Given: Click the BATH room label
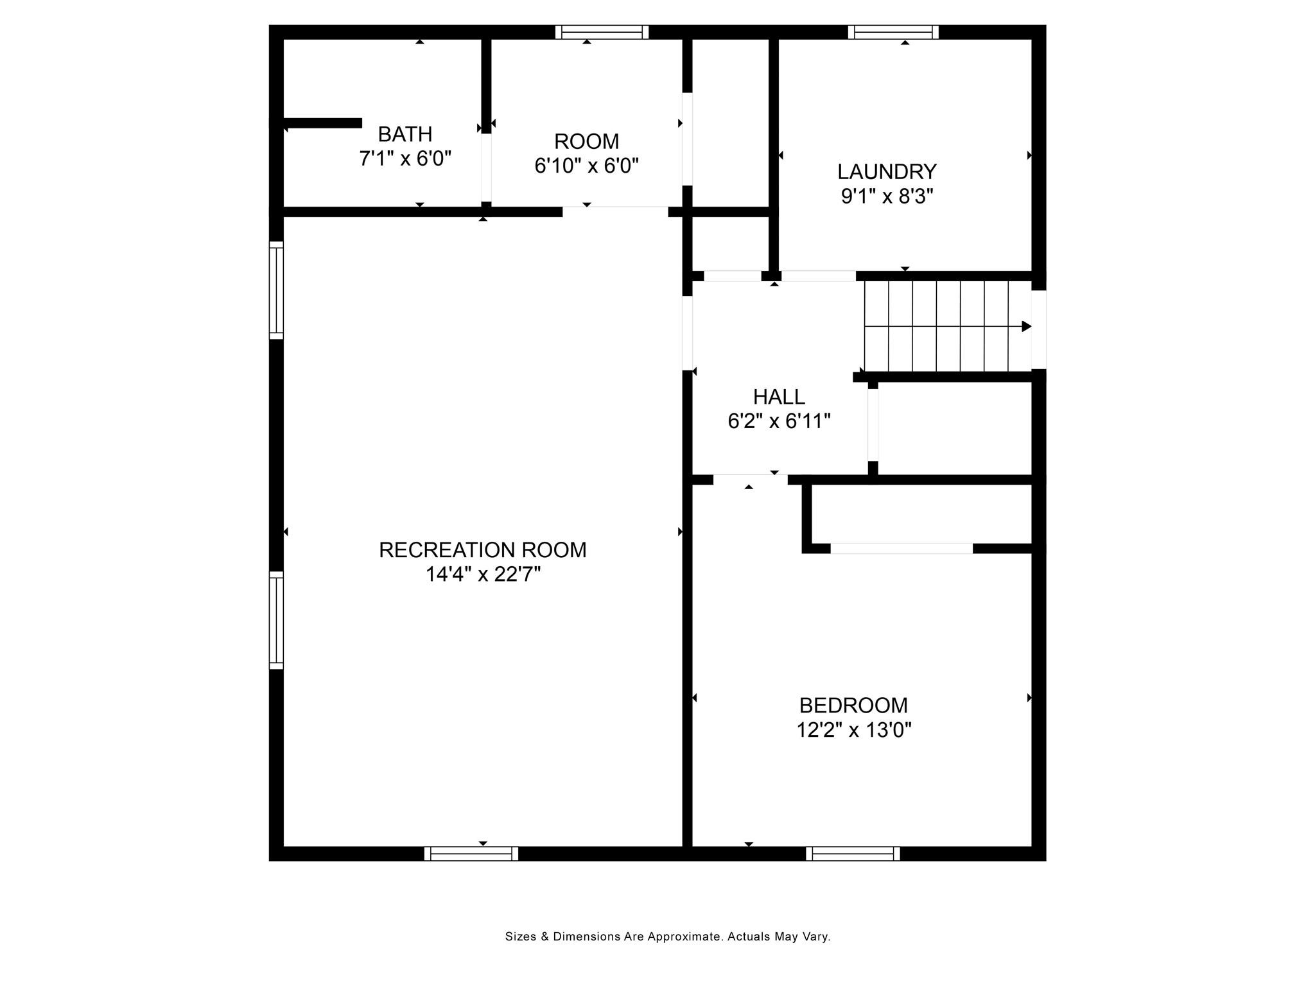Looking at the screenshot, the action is [405, 134].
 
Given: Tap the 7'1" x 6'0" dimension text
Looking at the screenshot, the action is [405, 159].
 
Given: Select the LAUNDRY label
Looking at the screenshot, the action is [887, 171].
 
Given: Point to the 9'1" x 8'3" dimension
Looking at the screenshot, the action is [887, 196].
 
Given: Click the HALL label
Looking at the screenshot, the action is [779, 397].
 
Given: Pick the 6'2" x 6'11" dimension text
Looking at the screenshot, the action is [779, 421].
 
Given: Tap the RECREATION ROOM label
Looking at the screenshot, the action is [482, 550].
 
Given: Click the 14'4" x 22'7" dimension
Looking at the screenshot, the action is [483, 574].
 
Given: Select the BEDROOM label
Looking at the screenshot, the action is [853, 705].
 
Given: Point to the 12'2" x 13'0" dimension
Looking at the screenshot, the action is [854, 730].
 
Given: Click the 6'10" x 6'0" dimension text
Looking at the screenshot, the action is [586, 166].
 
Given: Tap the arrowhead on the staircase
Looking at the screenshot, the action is [1026, 326].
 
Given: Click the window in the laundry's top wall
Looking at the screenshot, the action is [893, 32].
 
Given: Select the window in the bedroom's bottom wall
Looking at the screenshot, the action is [853, 854].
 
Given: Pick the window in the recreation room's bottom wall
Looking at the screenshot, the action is [471, 854].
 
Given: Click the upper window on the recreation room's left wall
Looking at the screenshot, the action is [276, 290].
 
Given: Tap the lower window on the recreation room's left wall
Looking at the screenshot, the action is [276, 620].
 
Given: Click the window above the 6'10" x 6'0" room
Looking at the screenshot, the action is [602, 32].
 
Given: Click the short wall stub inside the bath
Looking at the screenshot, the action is [322, 123].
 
